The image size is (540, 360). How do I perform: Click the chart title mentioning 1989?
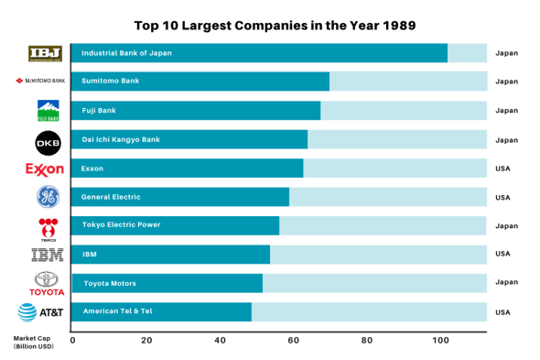click(x=275, y=26)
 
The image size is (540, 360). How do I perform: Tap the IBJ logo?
click(x=46, y=53)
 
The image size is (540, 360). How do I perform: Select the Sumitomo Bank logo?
click(x=41, y=82)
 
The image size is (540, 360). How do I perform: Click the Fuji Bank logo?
click(x=48, y=111)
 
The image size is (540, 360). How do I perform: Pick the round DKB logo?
click(x=48, y=141)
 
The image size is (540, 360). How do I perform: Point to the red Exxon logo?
click(x=45, y=169)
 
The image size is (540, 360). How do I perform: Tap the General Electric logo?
click(x=48, y=197)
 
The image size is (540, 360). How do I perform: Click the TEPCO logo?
click(x=48, y=226)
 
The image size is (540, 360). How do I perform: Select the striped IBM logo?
click(x=48, y=255)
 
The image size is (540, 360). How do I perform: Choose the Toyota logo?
click(x=48, y=283)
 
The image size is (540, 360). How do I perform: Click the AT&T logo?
click(x=41, y=312)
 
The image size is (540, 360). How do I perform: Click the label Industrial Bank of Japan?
click(x=126, y=53)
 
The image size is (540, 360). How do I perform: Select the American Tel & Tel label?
click(x=117, y=311)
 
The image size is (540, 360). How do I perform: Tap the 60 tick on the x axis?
click(x=294, y=340)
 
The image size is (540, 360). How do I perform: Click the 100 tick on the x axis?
click(x=441, y=340)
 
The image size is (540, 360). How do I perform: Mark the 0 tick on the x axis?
click(x=73, y=340)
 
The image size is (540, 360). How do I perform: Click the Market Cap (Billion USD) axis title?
click(x=33, y=342)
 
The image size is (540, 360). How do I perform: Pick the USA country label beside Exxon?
click(x=502, y=169)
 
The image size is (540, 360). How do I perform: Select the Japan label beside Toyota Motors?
click(x=506, y=283)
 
